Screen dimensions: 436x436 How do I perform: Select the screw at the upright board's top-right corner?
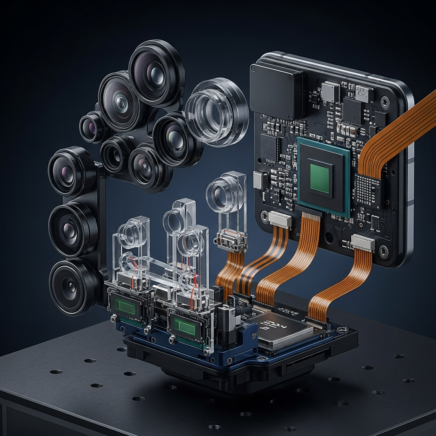tap(385, 102)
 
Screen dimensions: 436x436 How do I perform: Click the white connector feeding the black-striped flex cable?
tap(280, 219)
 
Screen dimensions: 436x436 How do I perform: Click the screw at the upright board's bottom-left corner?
tap(265, 217)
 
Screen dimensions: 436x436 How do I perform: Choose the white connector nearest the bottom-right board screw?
tap(363, 242)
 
